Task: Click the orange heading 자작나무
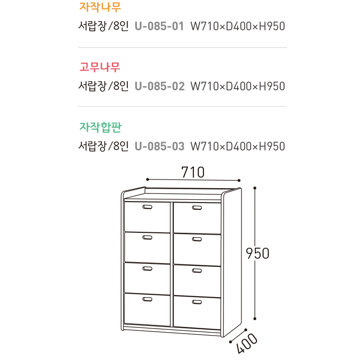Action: click(100, 7)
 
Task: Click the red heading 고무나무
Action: click(100, 67)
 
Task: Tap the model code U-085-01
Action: click(159, 26)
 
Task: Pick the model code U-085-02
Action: click(159, 86)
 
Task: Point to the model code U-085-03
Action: click(159, 146)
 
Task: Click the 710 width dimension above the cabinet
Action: click(193, 171)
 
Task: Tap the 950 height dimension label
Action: click(257, 253)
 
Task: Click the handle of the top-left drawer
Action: click(147, 207)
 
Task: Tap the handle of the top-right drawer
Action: click(197, 207)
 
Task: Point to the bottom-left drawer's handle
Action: click(147, 299)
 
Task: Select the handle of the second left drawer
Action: click(147, 238)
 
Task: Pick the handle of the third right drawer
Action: click(197, 271)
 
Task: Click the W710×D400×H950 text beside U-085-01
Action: click(238, 26)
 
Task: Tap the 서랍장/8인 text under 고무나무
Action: click(103, 86)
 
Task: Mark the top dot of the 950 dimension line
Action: click(255, 188)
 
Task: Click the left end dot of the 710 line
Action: click(147, 180)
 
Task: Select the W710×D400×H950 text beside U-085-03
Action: click(238, 146)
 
